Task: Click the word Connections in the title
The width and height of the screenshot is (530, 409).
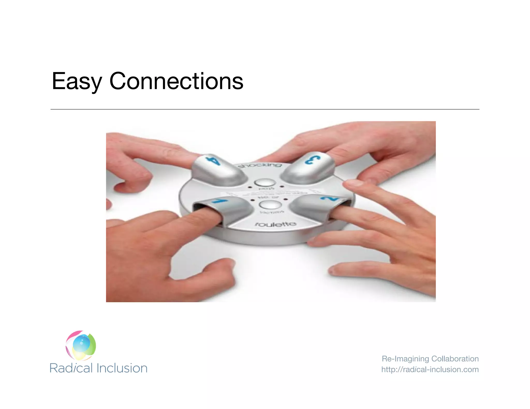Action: coord(176,81)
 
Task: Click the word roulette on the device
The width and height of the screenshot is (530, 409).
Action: coord(275,224)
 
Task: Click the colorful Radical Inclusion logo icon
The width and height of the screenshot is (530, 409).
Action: coord(81,345)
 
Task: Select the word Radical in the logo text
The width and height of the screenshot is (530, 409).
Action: coord(71,368)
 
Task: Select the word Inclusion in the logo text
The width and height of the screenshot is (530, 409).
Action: coord(122,368)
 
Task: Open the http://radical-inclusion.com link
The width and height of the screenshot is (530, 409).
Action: coord(430,369)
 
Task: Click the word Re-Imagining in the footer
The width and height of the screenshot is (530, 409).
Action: coord(405,359)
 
